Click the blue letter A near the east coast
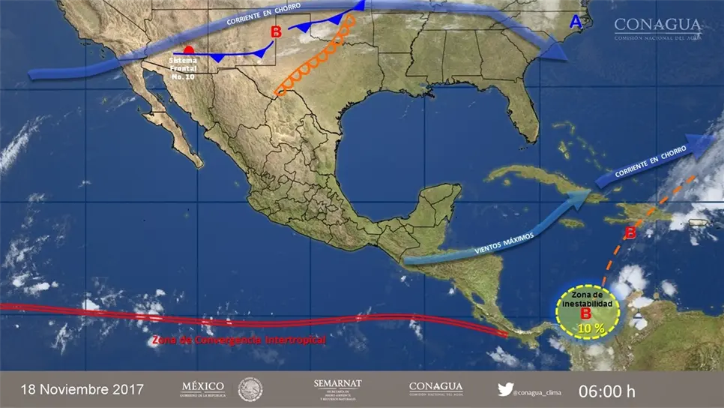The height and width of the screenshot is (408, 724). (576, 23)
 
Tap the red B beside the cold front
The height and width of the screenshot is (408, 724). (276, 32)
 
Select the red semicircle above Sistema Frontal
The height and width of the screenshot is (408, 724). (190, 50)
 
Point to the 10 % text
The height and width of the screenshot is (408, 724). (588, 328)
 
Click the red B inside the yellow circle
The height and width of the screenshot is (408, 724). (586, 315)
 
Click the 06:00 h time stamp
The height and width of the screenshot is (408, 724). (606, 391)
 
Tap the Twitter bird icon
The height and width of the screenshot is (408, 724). (505, 389)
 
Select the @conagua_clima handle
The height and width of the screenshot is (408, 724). (539, 390)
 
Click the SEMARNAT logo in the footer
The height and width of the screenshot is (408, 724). (337, 388)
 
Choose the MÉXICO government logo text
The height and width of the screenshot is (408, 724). (203, 388)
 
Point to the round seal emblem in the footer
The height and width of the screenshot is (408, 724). (250, 389)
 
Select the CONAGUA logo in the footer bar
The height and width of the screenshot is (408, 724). (435, 388)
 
